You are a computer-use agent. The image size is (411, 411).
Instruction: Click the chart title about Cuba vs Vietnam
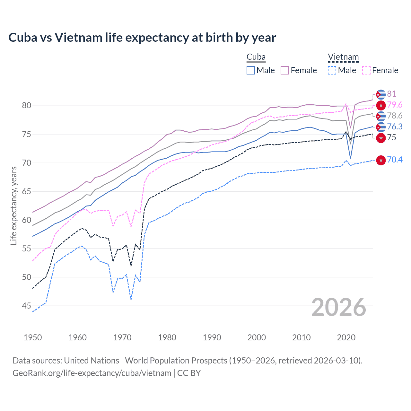point(142,38)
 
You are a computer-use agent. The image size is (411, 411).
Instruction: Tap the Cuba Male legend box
point(251,70)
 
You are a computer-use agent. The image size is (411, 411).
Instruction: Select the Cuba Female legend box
point(285,70)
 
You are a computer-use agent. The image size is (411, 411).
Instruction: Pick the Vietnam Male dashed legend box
point(332,70)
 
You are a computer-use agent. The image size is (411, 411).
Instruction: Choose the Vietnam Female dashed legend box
point(366,70)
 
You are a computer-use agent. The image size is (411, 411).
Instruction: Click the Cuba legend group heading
point(256,57)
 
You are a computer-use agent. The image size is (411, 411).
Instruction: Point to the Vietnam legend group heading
point(343,57)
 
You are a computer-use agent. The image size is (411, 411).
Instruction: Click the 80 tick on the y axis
point(27,106)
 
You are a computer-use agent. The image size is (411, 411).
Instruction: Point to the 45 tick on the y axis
point(27,306)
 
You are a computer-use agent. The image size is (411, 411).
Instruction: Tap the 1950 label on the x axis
point(33,337)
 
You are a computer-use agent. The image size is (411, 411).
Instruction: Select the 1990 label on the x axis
point(212,337)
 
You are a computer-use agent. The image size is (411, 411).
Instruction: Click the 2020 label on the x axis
point(346,337)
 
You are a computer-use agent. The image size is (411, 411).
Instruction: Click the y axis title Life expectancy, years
point(13,205)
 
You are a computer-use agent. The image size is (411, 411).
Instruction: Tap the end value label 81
point(391,94)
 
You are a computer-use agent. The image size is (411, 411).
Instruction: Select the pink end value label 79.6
point(395,105)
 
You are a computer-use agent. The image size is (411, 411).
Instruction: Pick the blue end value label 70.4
point(395,160)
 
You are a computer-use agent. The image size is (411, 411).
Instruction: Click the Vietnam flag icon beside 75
point(381,138)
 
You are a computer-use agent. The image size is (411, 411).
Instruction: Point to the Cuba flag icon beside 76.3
point(381,127)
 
